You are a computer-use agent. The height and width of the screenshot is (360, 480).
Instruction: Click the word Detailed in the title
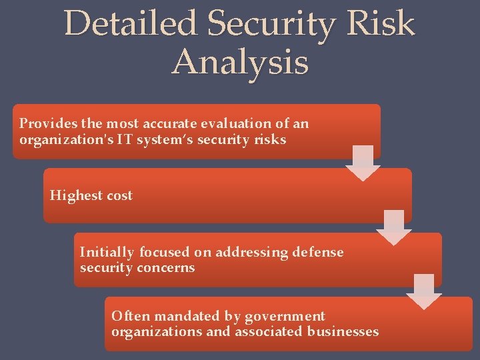(131, 24)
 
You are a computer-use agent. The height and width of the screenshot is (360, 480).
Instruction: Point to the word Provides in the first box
(45, 124)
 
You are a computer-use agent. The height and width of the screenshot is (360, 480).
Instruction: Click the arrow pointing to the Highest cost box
(363, 163)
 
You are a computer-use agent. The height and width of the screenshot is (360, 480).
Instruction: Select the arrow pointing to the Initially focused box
(394, 227)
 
